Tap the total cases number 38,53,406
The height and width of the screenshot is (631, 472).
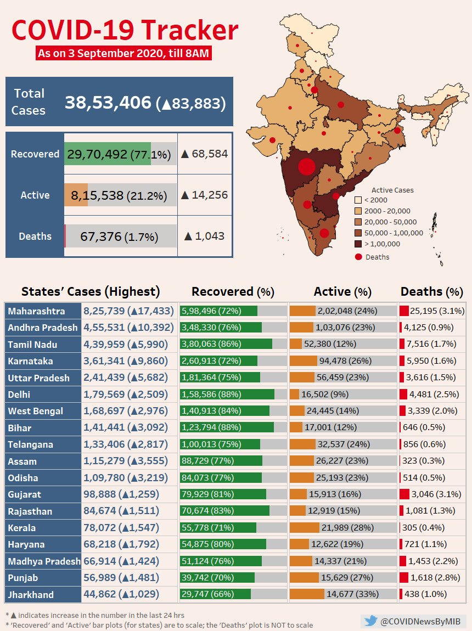(108, 103)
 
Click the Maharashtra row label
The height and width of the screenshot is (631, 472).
(36, 311)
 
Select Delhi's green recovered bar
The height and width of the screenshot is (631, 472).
(227, 395)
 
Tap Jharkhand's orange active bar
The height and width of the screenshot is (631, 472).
(306, 594)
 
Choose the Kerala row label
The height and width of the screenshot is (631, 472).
(22, 528)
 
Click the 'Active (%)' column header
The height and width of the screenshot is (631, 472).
(342, 291)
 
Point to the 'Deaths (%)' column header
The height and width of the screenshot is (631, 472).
(431, 291)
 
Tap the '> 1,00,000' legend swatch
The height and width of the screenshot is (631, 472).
(358, 244)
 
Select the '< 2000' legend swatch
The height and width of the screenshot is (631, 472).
(358, 200)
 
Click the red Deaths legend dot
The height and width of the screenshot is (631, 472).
(358, 256)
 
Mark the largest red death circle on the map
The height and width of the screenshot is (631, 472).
(306, 167)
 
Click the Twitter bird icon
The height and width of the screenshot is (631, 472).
(371, 621)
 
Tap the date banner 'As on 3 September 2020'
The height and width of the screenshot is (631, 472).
(123, 54)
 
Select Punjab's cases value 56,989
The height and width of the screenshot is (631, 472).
(103, 577)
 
